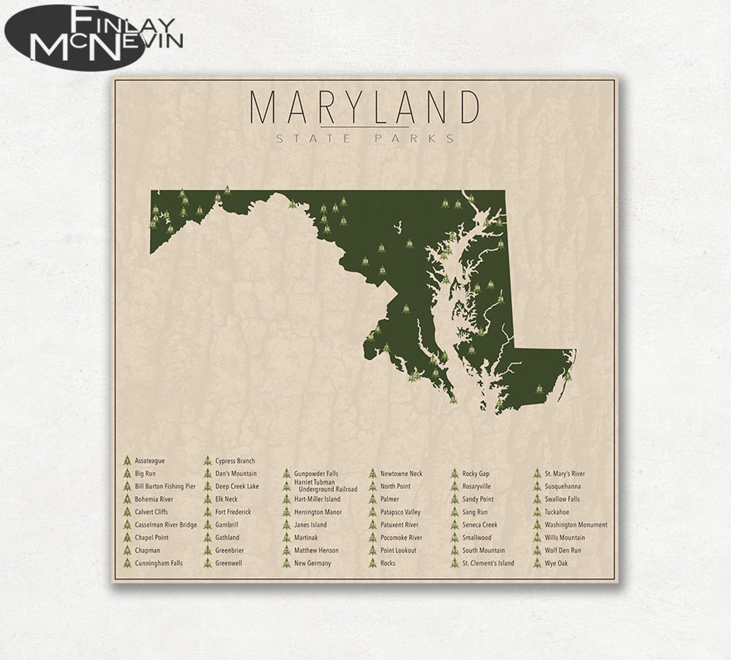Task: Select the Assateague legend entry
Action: point(149,461)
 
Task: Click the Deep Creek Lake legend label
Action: point(237,486)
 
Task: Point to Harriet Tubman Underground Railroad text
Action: point(325,486)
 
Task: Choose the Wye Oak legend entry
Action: point(556,563)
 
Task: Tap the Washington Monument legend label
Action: point(575,525)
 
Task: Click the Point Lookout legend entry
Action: point(398,550)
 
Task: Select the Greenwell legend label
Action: point(228,563)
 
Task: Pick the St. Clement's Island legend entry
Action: point(488,563)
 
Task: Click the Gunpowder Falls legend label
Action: point(316,474)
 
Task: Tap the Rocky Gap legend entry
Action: point(476,474)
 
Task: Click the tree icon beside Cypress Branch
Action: point(207,461)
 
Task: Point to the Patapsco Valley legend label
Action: point(400,512)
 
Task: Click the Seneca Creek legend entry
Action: point(480,525)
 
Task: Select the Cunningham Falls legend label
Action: point(158,563)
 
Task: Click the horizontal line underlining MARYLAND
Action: point(365,127)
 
